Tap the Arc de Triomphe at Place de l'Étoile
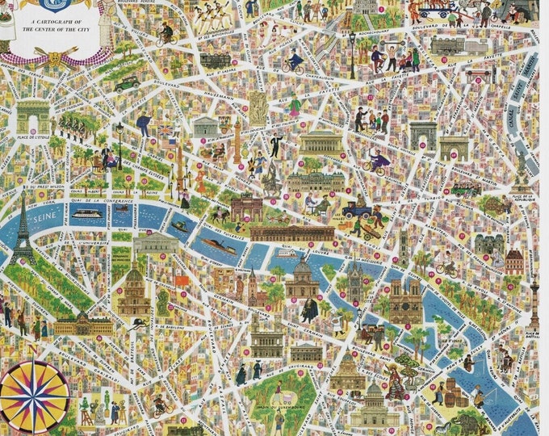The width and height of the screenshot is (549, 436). coord(32,115)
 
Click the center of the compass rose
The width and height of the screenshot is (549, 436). coord(34,396)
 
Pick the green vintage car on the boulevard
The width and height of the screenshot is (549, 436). coord(127,83)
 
